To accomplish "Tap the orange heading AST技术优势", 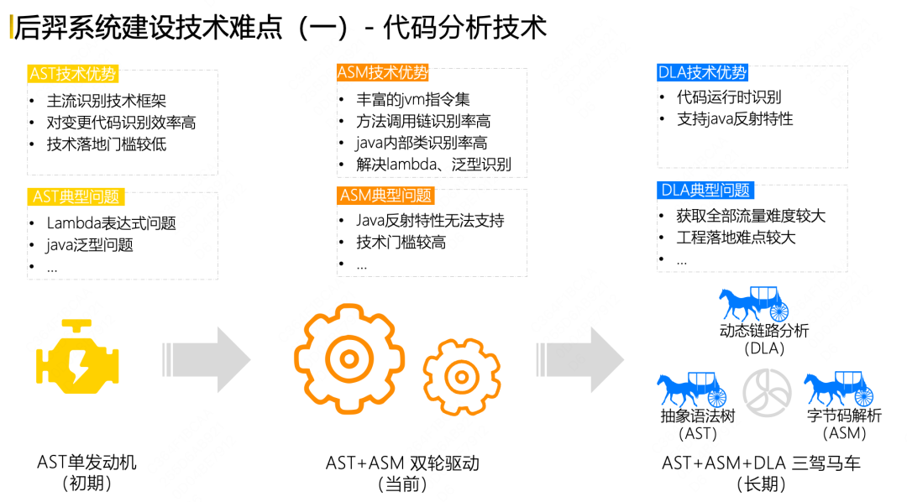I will (x=73, y=74).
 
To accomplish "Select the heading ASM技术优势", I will (x=382, y=73).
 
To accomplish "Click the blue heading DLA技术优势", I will (x=702, y=73).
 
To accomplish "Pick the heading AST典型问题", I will (x=76, y=197).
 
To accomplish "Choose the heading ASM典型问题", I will (x=385, y=196).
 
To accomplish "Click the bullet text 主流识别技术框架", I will (x=107, y=101).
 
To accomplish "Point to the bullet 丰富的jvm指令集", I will (x=412, y=99).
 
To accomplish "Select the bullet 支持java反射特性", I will (x=735, y=119).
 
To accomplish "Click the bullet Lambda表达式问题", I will (x=111, y=223).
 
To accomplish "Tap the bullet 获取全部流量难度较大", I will (x=751, y=216).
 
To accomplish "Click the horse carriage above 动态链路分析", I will (x=753, y=303).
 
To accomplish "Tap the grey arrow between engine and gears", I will (x=205, y=359).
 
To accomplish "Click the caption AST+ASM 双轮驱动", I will (x=402, y=463).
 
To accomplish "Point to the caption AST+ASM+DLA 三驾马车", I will (x=761, y=463).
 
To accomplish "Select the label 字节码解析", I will (x=844, y=415).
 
